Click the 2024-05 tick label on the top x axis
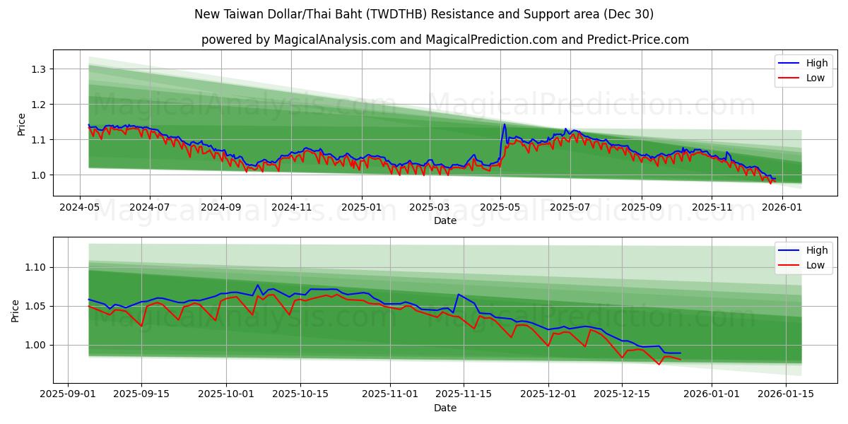click(x=79, y=207)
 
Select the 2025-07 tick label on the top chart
click(x=570, y=207)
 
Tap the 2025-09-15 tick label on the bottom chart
click(x=141, y=394)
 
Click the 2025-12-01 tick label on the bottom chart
click(x=548, y=394)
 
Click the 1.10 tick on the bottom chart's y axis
click(x=35, y=268)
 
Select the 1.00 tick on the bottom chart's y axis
click(x=35, y=346)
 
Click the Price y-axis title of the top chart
click(x=21, y=124)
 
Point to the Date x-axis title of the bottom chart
click(x=445, y=408)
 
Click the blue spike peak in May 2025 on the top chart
click(x=504, y=124)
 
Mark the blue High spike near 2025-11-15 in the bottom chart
click(x=459, y=294)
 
